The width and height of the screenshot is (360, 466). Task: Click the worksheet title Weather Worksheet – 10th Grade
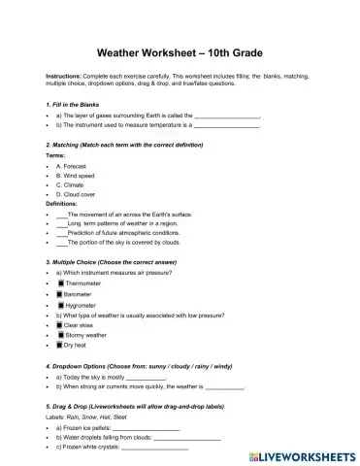180,50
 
